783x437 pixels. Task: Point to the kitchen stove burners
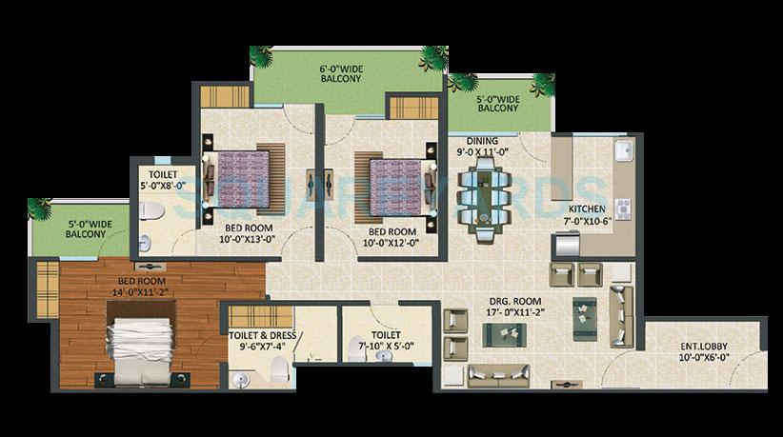[x=622, y=208]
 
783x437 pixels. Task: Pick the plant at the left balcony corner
[x=40, y=209]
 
